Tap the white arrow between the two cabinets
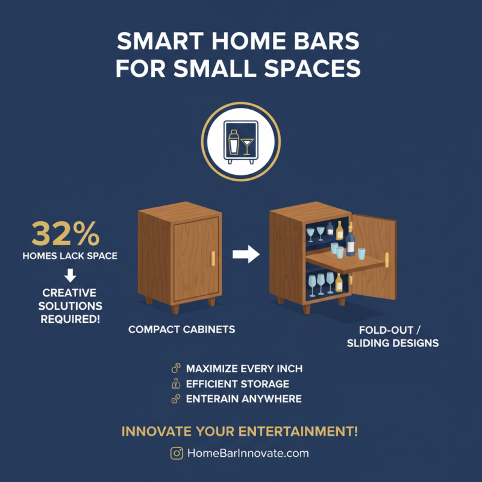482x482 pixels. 246,255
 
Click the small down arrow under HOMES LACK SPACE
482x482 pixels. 70,275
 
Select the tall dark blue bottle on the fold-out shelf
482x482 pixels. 351,241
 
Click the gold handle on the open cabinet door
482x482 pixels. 386,260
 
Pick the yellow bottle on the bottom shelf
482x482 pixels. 339,282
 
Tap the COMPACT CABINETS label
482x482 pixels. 181,330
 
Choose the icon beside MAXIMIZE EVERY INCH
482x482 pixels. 176,369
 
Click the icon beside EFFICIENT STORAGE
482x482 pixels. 176,384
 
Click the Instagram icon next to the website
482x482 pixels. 177,453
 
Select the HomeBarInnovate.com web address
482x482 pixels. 248,453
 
